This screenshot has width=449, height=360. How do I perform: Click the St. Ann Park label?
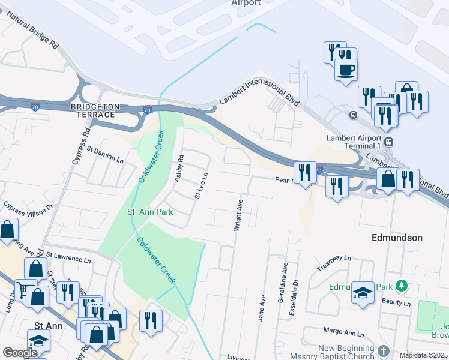[x=150, y=212]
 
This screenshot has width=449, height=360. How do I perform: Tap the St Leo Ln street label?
[x=200, y=186]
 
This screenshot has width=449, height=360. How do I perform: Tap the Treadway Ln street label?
[x=333, y=262]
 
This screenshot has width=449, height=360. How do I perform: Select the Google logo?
[x=19, y=353]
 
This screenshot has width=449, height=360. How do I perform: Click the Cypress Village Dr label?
[x=28, y=209]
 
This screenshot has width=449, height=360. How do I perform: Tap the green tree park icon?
[x=406, y=287]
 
